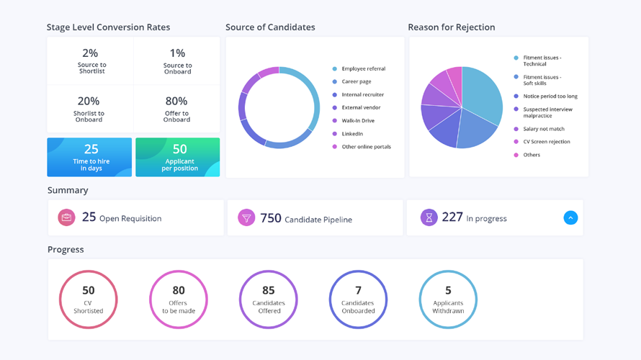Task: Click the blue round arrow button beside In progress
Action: point(570,217)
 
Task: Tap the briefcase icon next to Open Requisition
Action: point(66,217)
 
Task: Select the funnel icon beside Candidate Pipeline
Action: point(246,217)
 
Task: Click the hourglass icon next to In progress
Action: point(429,217)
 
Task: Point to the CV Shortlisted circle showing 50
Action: point(89,300)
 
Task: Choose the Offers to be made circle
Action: point(179,300)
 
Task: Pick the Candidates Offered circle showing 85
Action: point(269,300)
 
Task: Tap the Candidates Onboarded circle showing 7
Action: point(358,300)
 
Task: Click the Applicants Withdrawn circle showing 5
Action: point(448,300)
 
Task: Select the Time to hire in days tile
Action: point(90,157)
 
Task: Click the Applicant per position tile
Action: point(178,157)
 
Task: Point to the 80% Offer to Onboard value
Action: point(176,102)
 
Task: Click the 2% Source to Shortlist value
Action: point(90,53)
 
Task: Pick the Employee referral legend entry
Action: point(363,69)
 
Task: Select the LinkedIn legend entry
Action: point(352,134)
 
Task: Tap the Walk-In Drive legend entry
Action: point(358,121)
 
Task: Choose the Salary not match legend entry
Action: point(544,129)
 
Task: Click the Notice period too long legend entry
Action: point(550,96)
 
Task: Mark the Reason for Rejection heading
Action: point(452,27)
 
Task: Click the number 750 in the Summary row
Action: point(271,217)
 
